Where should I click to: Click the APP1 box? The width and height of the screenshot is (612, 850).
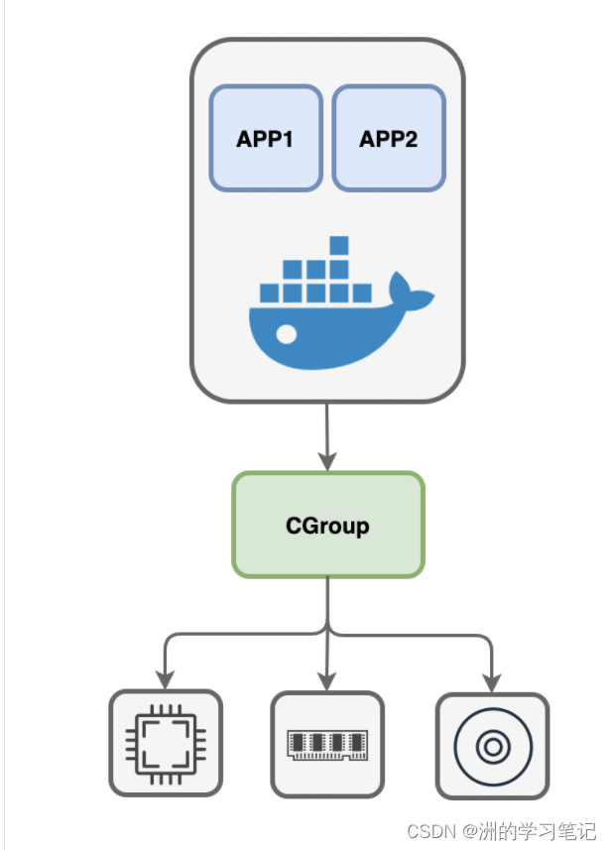[265, 138]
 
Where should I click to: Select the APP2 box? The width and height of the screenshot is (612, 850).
[388, 138]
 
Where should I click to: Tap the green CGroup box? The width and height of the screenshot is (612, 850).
[327, 525]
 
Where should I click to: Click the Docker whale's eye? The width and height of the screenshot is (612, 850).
[286, 335]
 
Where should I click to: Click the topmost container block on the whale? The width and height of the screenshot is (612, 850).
[339, 245]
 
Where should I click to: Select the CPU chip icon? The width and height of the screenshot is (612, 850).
[165, 743]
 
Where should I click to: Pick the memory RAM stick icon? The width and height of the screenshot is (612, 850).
[327, 744]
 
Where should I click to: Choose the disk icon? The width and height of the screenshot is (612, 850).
[491, 745]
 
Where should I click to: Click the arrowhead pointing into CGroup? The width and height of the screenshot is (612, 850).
[327, 460]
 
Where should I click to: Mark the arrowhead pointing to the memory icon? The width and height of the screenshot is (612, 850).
[327, 679]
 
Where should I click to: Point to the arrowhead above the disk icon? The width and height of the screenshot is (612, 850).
[491, 680]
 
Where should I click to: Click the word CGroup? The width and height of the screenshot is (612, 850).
[327, 525]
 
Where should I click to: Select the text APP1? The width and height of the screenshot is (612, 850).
[265, 138]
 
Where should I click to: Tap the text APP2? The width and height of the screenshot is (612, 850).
[388, 138]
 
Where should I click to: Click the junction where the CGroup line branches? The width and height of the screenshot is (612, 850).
[327, 630]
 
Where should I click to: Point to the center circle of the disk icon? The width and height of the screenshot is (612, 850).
[491, 745]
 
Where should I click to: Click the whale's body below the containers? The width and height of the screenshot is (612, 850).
[327, 337]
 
